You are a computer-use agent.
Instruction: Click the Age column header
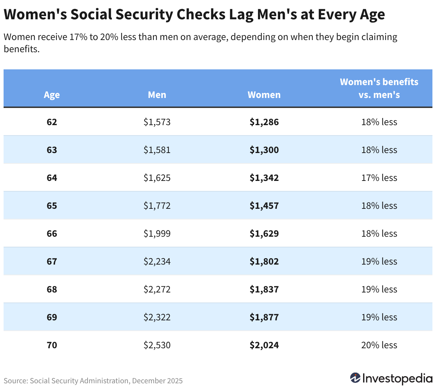coord(52,95)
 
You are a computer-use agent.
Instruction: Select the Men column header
coord(157,95)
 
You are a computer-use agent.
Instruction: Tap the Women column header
coord(264,95)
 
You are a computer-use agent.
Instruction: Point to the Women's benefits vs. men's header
coord(379,88)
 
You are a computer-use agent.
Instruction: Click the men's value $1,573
coord(157,122)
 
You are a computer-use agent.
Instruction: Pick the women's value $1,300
coord(264,150)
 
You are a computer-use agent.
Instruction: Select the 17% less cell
coord(379,178)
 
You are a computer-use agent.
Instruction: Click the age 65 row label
coord(52,206)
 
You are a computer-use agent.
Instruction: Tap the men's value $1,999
coord(157,233)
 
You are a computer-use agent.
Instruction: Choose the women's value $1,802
coord(264,261)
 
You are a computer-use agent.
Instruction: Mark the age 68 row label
coord(52,289)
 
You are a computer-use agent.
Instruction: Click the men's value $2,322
coord(157,317)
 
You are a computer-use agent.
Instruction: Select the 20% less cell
coord(379,345)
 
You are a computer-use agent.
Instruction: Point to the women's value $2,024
coord(264,345)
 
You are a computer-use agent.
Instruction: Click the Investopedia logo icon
coord(355,378)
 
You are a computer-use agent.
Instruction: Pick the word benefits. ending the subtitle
coord(22,49)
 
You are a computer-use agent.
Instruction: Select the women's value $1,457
coord(264,206)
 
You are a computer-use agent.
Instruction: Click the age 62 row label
coord(52,122)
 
